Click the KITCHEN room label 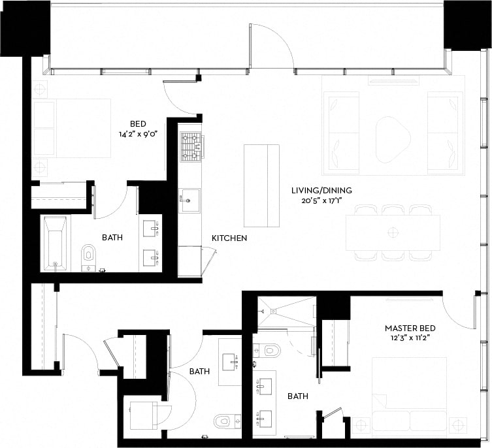tap(229, 238)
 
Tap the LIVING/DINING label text tap(321, 191)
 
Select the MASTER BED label tap(410, 328)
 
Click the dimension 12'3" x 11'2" tap(410, 338)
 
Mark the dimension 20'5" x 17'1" tap(321, 201)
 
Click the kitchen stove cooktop tap(191, 147)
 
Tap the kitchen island tap(261, 185)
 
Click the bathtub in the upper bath tap(55, 242)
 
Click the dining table tap(393, 232)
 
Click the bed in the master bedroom tap(409, 395)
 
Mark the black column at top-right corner tap(467, 24)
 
